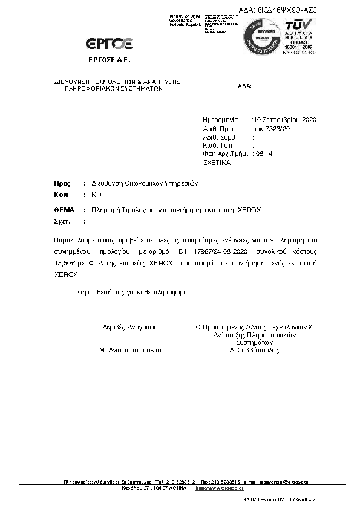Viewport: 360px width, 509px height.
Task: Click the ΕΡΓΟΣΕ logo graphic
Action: (109, 43)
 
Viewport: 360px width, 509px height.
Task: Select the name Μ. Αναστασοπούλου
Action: (130, 350)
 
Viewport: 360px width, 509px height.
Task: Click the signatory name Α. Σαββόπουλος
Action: (254, 350)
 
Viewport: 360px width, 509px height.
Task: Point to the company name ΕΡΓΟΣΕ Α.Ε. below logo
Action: (110, 60)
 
